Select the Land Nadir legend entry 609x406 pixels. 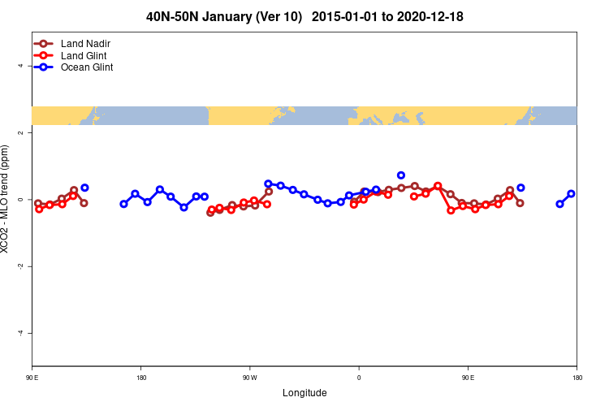[85, 43]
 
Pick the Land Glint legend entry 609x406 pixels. [84, 55]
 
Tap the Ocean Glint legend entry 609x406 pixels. [87, 67]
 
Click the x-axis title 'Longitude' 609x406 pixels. [304, 393]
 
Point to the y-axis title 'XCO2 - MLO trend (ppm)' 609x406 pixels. [6, 199]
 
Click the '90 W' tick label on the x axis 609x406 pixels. [249, 378]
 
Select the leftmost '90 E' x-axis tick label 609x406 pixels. [32, 378]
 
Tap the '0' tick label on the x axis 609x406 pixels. [358, 378]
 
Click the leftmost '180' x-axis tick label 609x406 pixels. [141, 378]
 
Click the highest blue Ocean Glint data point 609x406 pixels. [401, 175]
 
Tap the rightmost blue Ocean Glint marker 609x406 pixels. [572, 194]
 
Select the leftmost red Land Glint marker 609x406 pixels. [39, 209]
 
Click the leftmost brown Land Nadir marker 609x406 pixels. [38, 203]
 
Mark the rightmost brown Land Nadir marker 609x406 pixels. [520, 203]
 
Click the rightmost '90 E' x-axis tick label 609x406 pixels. [468, 378]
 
